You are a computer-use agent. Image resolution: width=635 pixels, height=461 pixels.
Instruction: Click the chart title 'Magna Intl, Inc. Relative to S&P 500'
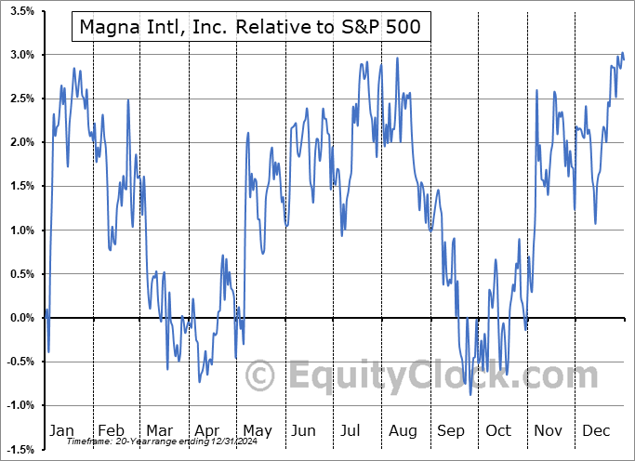point(250,28)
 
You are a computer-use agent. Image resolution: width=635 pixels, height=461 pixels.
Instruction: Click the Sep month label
point(452,430)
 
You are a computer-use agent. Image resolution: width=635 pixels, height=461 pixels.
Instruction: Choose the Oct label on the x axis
point(498,430)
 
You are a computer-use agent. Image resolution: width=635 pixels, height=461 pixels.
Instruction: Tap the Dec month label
point(597,430)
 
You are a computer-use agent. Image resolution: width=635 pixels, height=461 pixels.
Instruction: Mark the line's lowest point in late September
point(470,394)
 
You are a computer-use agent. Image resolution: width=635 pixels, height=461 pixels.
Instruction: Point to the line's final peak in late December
point(622,53)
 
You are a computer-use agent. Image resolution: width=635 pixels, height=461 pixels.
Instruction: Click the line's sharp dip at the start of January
point(48,351)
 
